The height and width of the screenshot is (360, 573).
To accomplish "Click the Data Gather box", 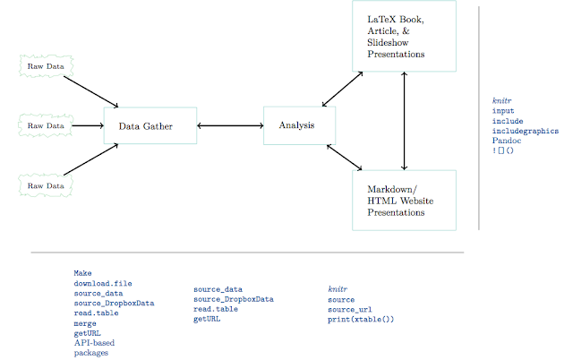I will click(x=150, y=125).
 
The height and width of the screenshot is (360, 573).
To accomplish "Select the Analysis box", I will click(x=299, y=125).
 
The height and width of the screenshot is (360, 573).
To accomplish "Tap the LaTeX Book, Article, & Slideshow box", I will click(x=404, y=36).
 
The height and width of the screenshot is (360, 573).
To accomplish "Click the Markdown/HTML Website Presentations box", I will click(x=404, y=201).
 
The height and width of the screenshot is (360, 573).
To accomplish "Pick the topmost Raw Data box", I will click(x=46, y=65).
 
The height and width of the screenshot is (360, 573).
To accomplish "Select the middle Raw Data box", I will click(x=46, y=125).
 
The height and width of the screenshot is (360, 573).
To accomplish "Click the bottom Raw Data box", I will click(x=46, y=185).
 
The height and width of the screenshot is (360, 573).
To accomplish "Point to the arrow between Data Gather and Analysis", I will click(x=230, y=125).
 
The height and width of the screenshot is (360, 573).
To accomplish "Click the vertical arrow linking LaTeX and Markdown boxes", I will click(x=406, y=120).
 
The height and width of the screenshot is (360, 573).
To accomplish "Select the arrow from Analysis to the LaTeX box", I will click(x=343, y=88).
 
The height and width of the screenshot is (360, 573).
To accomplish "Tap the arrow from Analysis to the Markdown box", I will click(x=345, y=157).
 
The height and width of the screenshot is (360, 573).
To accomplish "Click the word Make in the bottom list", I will click(x=82, y=273).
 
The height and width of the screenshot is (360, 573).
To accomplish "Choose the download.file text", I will click(x=103, y=283).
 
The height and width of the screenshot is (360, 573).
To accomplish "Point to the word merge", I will click(x=85, y=322).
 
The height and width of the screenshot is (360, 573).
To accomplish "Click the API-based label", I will click(x=94, y=342).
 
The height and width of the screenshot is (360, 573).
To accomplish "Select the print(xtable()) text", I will click(x=360, y=319).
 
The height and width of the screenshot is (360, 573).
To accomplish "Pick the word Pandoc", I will click(x=507, y=141).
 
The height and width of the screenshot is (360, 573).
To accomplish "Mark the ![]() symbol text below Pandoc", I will click(x=503, y=150).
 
